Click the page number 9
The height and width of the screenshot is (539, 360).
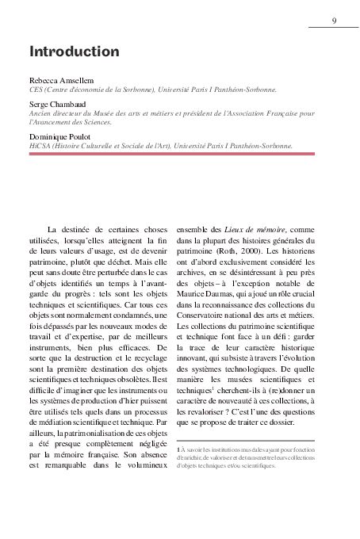tap(334, 21)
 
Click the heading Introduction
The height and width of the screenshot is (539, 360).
tap(74, 52)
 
